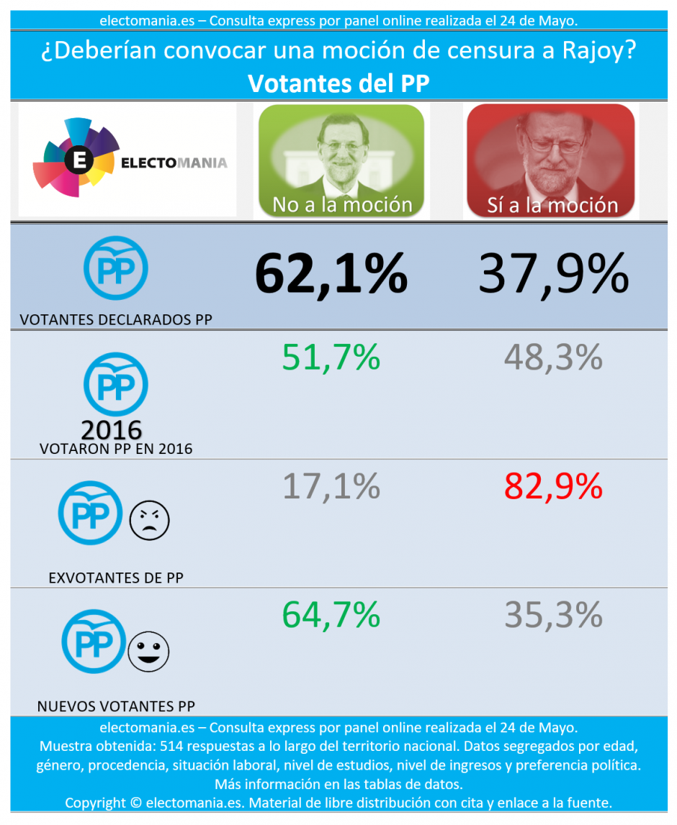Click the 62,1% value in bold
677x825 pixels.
click(331, 274)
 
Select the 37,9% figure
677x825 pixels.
click(553, 274)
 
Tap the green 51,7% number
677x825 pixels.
click(331, 357)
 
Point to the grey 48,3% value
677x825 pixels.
click(553, 357)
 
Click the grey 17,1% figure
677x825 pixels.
click(331, 486)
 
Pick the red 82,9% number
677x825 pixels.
click(553, 486)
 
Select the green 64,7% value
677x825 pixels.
click(331, 615)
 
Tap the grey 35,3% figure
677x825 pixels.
click(553, 615)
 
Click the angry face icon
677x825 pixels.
click(149, 520)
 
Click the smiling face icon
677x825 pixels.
click(148, 651)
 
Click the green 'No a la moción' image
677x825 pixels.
click(341, 160)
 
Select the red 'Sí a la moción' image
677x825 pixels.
click(551, 160)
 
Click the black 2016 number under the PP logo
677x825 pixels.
click(112, 430)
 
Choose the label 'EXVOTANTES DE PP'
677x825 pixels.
click(115, 578)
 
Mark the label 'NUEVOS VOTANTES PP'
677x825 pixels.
click(115, 706)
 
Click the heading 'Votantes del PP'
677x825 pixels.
click(338, 83)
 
